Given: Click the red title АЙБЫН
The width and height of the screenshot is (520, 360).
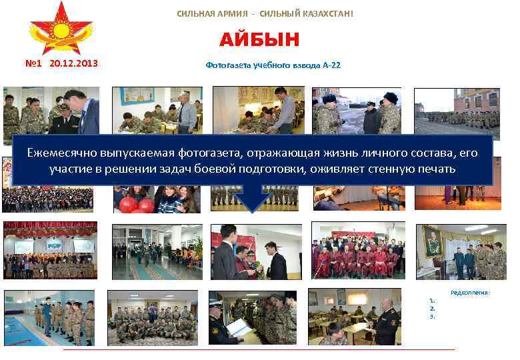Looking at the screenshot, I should (259, 40).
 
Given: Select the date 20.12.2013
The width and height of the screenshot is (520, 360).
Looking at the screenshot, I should (73, 64).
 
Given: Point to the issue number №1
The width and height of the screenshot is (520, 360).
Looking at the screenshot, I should (35, 64).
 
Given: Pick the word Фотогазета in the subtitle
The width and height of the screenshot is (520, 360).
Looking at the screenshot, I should (227, 66).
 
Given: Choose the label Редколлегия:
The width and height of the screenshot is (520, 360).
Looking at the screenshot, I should (470, 293).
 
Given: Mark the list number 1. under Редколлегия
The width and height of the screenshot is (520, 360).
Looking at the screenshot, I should (433, 301).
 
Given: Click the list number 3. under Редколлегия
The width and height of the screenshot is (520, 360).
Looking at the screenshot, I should (433, 317).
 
